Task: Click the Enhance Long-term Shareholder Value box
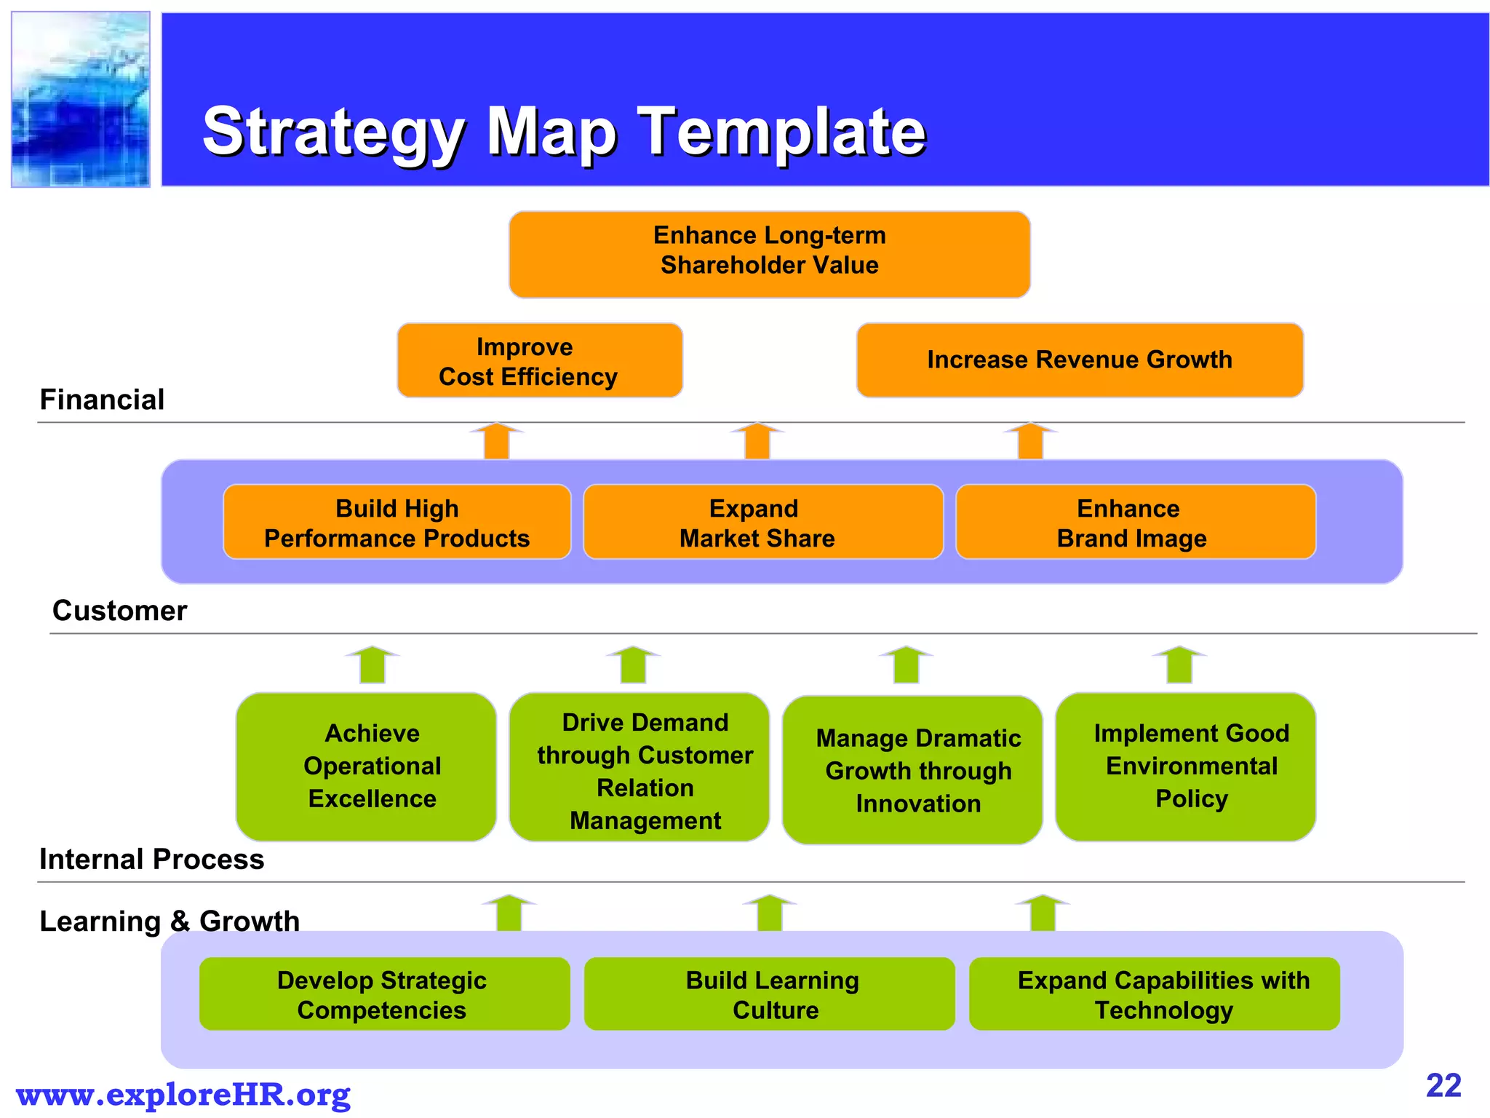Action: tap(769, 254)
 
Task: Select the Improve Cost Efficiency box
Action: tap(539, 361)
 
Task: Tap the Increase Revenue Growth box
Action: tap(1080, 360)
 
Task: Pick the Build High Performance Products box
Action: tap(397, 522)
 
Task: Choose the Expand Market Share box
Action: tap(762, 522)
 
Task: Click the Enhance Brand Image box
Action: tap(1135, 522)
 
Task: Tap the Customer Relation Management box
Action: tap(639, 766)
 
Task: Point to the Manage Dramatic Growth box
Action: tap(912, 770)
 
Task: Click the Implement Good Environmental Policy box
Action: tap(1185, 766)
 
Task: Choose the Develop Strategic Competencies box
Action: tap(384, 994)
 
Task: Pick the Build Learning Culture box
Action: tap(769, 994)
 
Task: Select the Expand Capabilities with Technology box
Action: tap(1154, 994)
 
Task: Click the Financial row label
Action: tap(102, 400)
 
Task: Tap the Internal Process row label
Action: tap(151, 860)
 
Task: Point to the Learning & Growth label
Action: tap(169, 921)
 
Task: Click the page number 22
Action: tap(1443, 1086)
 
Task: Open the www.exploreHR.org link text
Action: tap(183, 1094)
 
